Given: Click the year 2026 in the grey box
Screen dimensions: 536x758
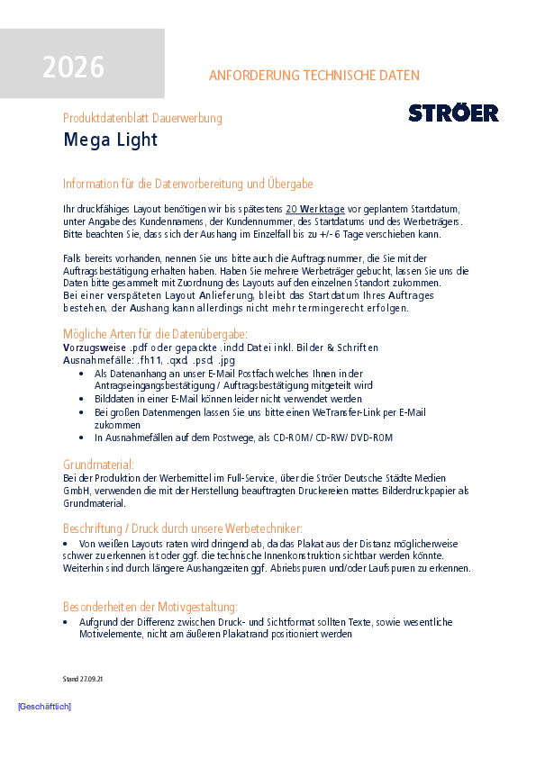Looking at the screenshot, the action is coord(73,68).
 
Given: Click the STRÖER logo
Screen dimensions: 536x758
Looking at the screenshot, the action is coord(453,113).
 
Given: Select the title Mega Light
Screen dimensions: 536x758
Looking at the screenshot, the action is coord(111,140).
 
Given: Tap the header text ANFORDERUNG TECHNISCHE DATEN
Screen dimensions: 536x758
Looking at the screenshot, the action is coord(313,76).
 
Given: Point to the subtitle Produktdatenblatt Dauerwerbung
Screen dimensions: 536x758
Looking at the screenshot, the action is coord(142,118).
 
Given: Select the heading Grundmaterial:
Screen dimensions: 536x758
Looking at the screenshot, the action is coord(99,465).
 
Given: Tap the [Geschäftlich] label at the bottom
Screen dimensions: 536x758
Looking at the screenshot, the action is coord(44,707).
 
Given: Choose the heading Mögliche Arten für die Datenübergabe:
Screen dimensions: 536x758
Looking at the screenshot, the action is coord(153,333).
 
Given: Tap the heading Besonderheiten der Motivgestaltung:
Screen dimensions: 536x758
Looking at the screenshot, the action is coord(150,607).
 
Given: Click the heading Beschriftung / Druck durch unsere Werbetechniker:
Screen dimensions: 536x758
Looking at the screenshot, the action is coord(183,528).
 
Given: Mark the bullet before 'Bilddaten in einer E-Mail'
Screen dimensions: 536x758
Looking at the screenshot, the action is coord(84,399).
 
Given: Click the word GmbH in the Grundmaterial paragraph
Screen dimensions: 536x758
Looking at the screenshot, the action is coord(77,491).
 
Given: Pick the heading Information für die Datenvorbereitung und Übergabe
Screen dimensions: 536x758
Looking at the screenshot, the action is coord(188,184).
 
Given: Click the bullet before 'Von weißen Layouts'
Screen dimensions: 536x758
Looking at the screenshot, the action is coord(66,544).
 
